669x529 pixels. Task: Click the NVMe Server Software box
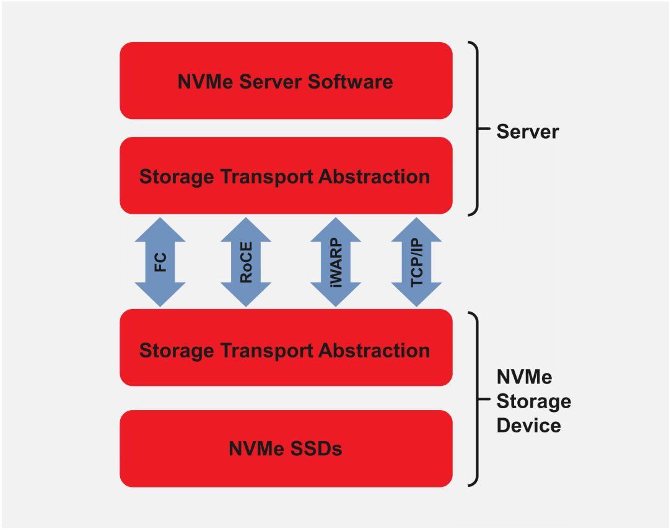click(x=286, y=81)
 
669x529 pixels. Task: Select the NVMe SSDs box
click(x=286, y=448)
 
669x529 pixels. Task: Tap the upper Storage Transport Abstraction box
click(x=286, y=176)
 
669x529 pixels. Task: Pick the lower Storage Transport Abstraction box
click(x=286, y=350)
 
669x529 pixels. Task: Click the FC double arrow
click(x=160, y=262)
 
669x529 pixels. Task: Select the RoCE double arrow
click(x=246, y=262)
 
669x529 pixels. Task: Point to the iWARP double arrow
click(x=336, y=262)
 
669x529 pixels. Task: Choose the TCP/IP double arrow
click(x=417, y=262)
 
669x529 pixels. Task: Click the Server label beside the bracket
click(x=527, y=131)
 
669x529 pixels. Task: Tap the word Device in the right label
click(x=528, y=426)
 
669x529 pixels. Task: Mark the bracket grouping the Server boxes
click(x=475, y=129)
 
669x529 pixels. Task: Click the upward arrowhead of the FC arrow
click(x=160, y=229)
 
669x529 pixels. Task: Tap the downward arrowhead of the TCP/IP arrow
click(x=417, y=295)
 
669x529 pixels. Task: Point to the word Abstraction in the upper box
click(x=374, y=177)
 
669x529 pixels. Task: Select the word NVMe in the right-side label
click(x=524, y=377)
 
